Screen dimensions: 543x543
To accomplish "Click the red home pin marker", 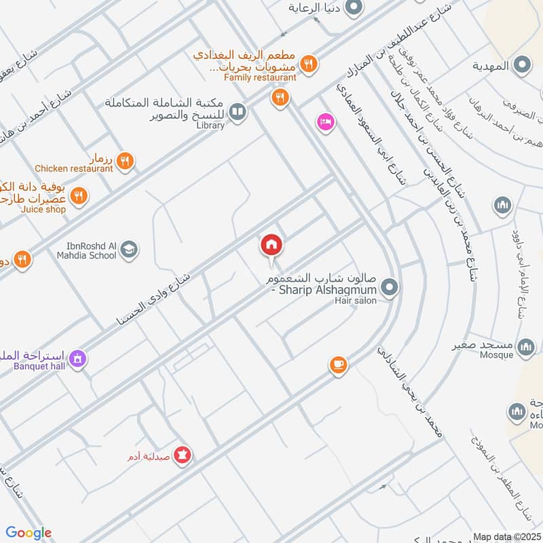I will pos(271,245).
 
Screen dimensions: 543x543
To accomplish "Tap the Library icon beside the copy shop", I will pos(237,111).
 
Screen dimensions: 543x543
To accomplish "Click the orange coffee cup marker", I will pos(337,364).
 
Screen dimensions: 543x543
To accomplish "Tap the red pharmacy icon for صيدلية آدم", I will pos(181,455).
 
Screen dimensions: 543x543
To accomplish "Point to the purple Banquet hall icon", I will pos(79,357).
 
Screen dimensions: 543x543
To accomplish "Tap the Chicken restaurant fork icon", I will pos(124,161).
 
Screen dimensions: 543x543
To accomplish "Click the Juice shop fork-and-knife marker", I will pos(79,196).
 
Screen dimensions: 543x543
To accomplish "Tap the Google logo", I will pos(28,533).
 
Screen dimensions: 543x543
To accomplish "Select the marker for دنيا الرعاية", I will pos(353,9).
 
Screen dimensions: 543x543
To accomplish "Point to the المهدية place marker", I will pos(522,65).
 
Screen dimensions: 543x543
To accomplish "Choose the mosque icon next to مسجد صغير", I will pos(525,348).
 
